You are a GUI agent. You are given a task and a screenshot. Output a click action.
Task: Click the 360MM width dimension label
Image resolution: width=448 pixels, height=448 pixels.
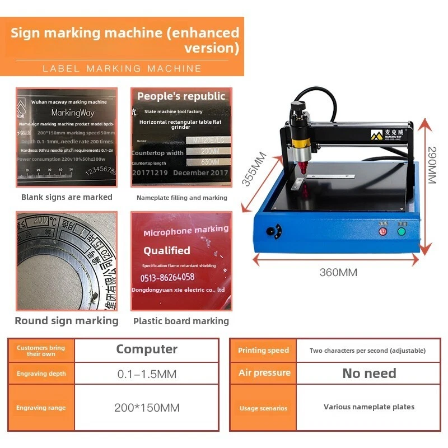(x=338, y=273)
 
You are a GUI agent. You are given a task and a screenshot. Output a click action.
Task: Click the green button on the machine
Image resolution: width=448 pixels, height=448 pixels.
(x=402, y=231)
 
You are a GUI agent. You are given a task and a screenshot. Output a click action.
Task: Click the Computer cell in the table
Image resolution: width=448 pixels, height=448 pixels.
(x=147, y=349)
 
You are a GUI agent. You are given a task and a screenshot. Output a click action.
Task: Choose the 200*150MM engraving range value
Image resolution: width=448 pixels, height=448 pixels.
(x=147, y=408)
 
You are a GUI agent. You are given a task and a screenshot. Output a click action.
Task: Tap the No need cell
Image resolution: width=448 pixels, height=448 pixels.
(x=369, y=373)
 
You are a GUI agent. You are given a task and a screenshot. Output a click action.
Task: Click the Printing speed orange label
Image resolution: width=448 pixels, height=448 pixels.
(x=263, y=351)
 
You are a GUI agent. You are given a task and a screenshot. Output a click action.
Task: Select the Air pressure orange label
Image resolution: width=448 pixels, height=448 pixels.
(x=264, y=373)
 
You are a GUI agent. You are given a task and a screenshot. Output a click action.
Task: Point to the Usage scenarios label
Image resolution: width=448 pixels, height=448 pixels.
(x=263, y=408)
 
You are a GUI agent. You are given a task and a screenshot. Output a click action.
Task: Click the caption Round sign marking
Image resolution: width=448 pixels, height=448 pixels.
(x=67, y=321)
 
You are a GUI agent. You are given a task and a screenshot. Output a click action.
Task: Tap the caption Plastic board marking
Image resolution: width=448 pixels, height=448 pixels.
(x=181, y=321)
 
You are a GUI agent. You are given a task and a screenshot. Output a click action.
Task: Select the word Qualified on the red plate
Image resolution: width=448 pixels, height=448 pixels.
(x=167, y=251)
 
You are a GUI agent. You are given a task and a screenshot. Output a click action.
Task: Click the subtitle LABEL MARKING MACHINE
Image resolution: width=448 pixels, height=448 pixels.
(x=122, y=68)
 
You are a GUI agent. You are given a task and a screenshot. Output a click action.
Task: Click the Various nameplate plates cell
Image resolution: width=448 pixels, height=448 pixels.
(x=369, y=407)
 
